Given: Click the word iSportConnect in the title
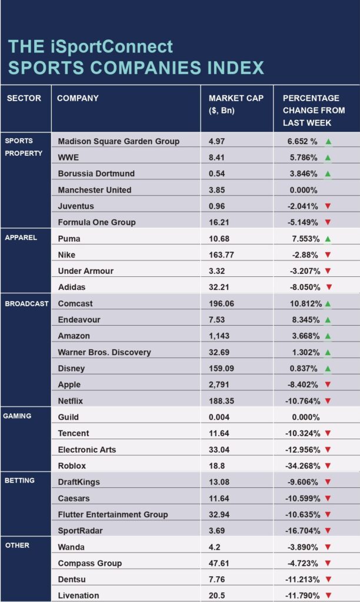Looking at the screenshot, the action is tap(111, 47).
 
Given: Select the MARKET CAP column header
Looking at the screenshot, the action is tap(236, 104).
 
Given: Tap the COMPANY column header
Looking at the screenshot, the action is tap(78, 98).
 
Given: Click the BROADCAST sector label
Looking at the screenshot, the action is tap(26, 304).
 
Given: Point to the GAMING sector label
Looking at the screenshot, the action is tap(17, 416).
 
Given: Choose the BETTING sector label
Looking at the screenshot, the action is tap(19, 480).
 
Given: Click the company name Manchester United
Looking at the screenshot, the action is tap(95, 190).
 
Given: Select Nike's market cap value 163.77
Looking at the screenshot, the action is tap(221, 255).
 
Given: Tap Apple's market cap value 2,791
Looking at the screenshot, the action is tap(219, 384).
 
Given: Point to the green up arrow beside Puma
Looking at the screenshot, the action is tap(328, 239).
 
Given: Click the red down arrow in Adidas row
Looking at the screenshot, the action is tap(329, 287).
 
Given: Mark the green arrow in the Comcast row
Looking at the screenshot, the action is tap(328, 304).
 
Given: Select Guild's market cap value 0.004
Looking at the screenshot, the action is tap(219, 417).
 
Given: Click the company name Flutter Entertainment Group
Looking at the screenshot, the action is tap(113, 514).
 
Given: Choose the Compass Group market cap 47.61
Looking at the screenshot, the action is tap(219, 563).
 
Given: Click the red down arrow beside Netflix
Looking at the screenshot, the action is tap(328, 401).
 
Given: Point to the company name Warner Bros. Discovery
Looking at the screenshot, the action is tap(105, 352).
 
